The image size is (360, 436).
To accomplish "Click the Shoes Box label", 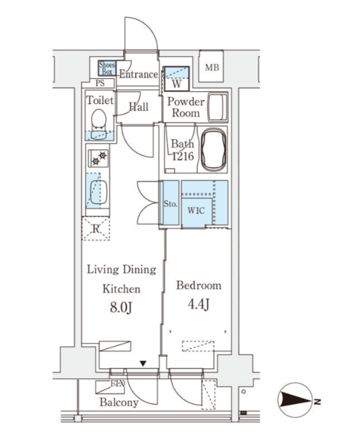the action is click(x=107, y=68).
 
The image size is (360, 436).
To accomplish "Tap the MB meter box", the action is click(x=212, y=66).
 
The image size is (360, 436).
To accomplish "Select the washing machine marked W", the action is click(x=177, y=79).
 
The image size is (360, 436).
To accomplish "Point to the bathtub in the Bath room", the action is click(x=214, y=150).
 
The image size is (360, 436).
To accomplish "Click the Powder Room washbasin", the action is click(x=218, y=107).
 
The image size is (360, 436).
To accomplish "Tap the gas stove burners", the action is click(x=99, y=159).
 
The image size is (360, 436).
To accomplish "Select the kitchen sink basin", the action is click(x=99, y=192).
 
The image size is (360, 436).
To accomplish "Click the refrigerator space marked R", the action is click(x=96, y=229).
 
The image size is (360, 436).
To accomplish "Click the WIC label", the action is click(x=196, y=211).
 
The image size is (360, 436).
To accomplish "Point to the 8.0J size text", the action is click(x=120, y=308).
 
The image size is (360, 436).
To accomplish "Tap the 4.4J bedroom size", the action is click(x=198, y=305).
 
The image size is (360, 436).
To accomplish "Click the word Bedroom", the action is click(x=198, y=285).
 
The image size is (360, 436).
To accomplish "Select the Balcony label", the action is click(x=119, y=402).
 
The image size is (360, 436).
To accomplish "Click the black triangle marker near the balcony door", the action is click(x=143, y=363).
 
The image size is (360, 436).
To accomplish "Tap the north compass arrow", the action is click(x=296, y=400).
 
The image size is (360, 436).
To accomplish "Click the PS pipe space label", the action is click(x=100, y=83).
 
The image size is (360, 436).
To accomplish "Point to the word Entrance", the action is click(x=138, y=75).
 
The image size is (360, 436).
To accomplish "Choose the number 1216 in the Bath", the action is click(x=183, y=157).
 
